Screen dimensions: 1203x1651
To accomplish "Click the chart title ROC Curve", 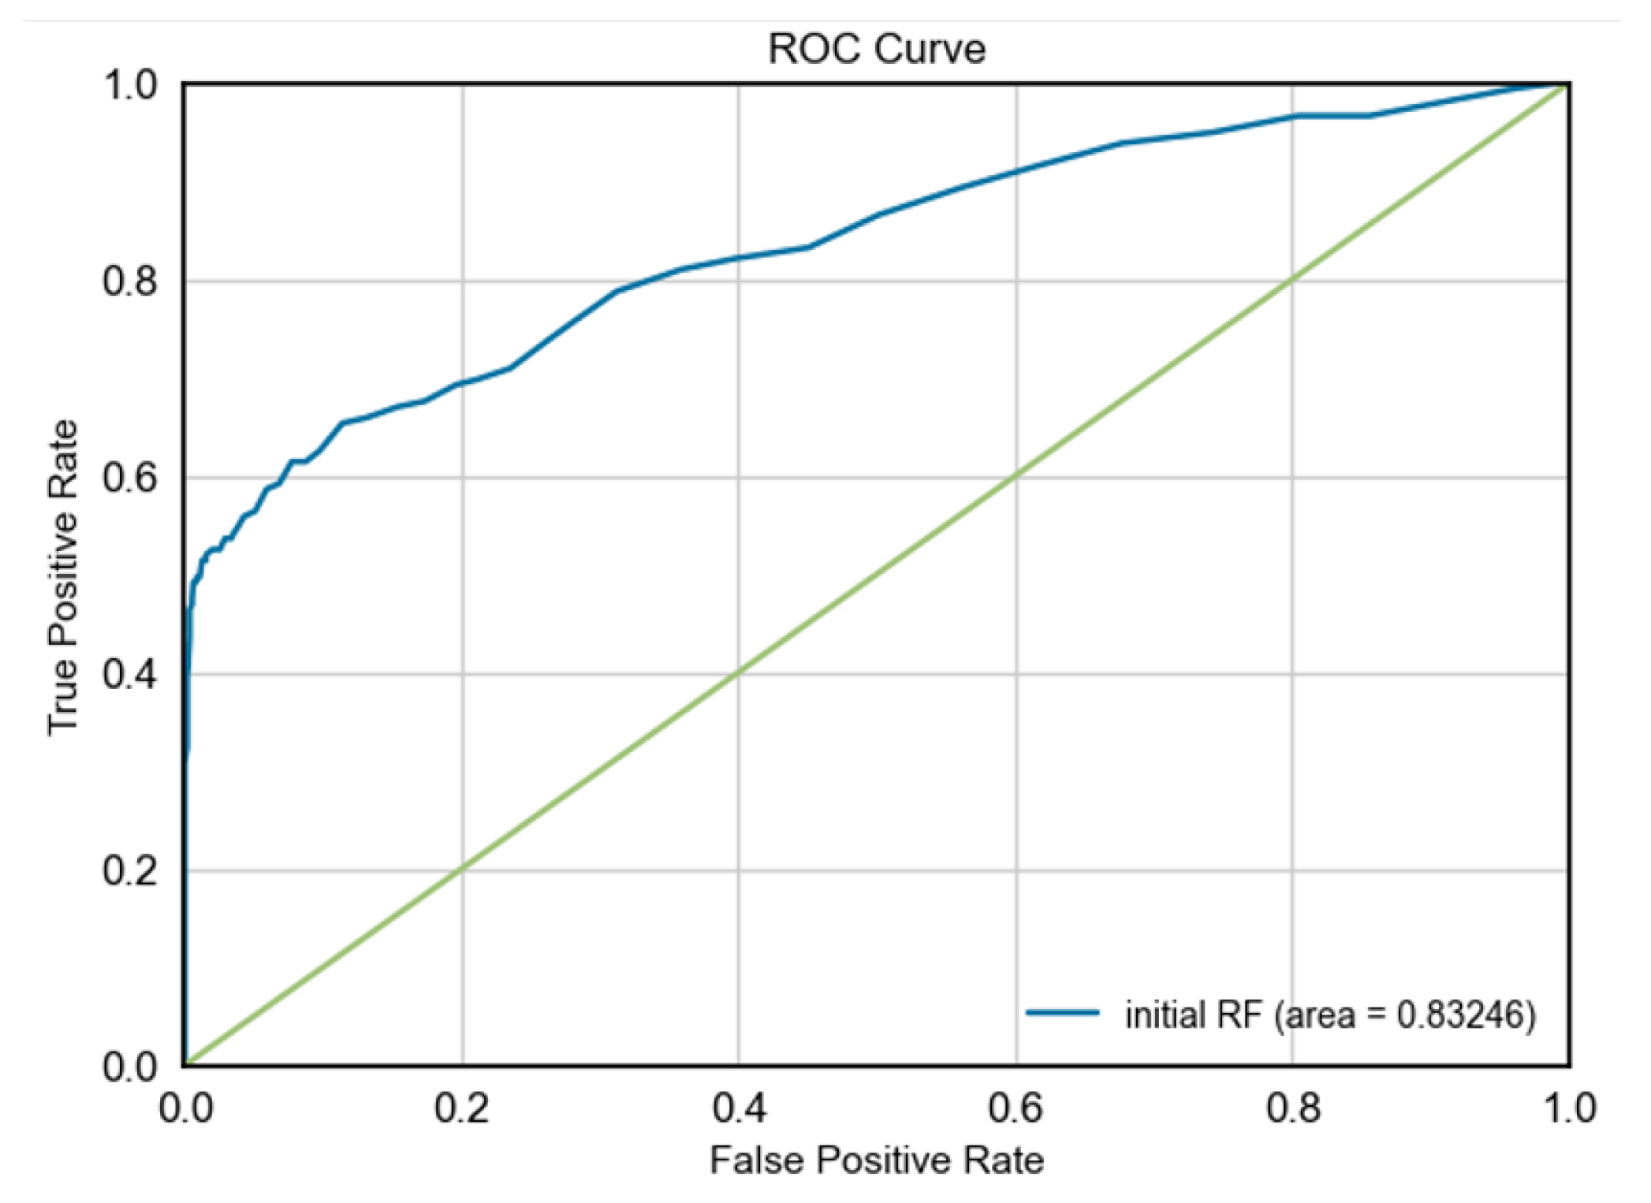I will pyautogui.click(x=876, y=49).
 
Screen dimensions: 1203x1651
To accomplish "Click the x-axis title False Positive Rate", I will pyautogui.click(x=876, y=1160).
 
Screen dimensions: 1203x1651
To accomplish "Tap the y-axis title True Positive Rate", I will pyautogui.click(x=63, y=577).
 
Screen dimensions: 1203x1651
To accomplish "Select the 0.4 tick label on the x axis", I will pyautogui.click(x=739, y=1108).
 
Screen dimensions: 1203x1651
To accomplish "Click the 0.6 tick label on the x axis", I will pyautogui.click(x=1016, y=1108).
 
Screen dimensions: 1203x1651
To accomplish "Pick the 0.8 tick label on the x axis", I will pyautogui.click(x=1293, y=1108).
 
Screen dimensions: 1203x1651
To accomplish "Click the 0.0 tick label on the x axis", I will pyautogui.click(x=185, y=1108).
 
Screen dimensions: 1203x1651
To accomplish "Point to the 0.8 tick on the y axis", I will pyautogui.click(x=130, y=281).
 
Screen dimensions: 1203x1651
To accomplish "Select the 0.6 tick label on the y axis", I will pyautogui.click(x=130, y=478).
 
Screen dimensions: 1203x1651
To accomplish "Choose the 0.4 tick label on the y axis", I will pyautogui.click(x=130, y=674).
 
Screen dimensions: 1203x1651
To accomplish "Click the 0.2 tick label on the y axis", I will pyautogui.click(x=130, y=870).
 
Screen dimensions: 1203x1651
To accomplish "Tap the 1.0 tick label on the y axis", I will pyautogui.click(x=130, y=85).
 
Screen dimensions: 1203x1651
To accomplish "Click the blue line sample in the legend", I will pyautogui.click(x=1062, y=1012).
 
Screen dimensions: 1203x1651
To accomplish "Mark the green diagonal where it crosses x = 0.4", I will pyautogui.click(x=739, y=673).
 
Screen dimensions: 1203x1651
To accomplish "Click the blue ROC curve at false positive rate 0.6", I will pyautogui.click(x=1016, y=171).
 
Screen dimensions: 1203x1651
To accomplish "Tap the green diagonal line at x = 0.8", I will pyautogui.click(x=1293, y=280).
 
